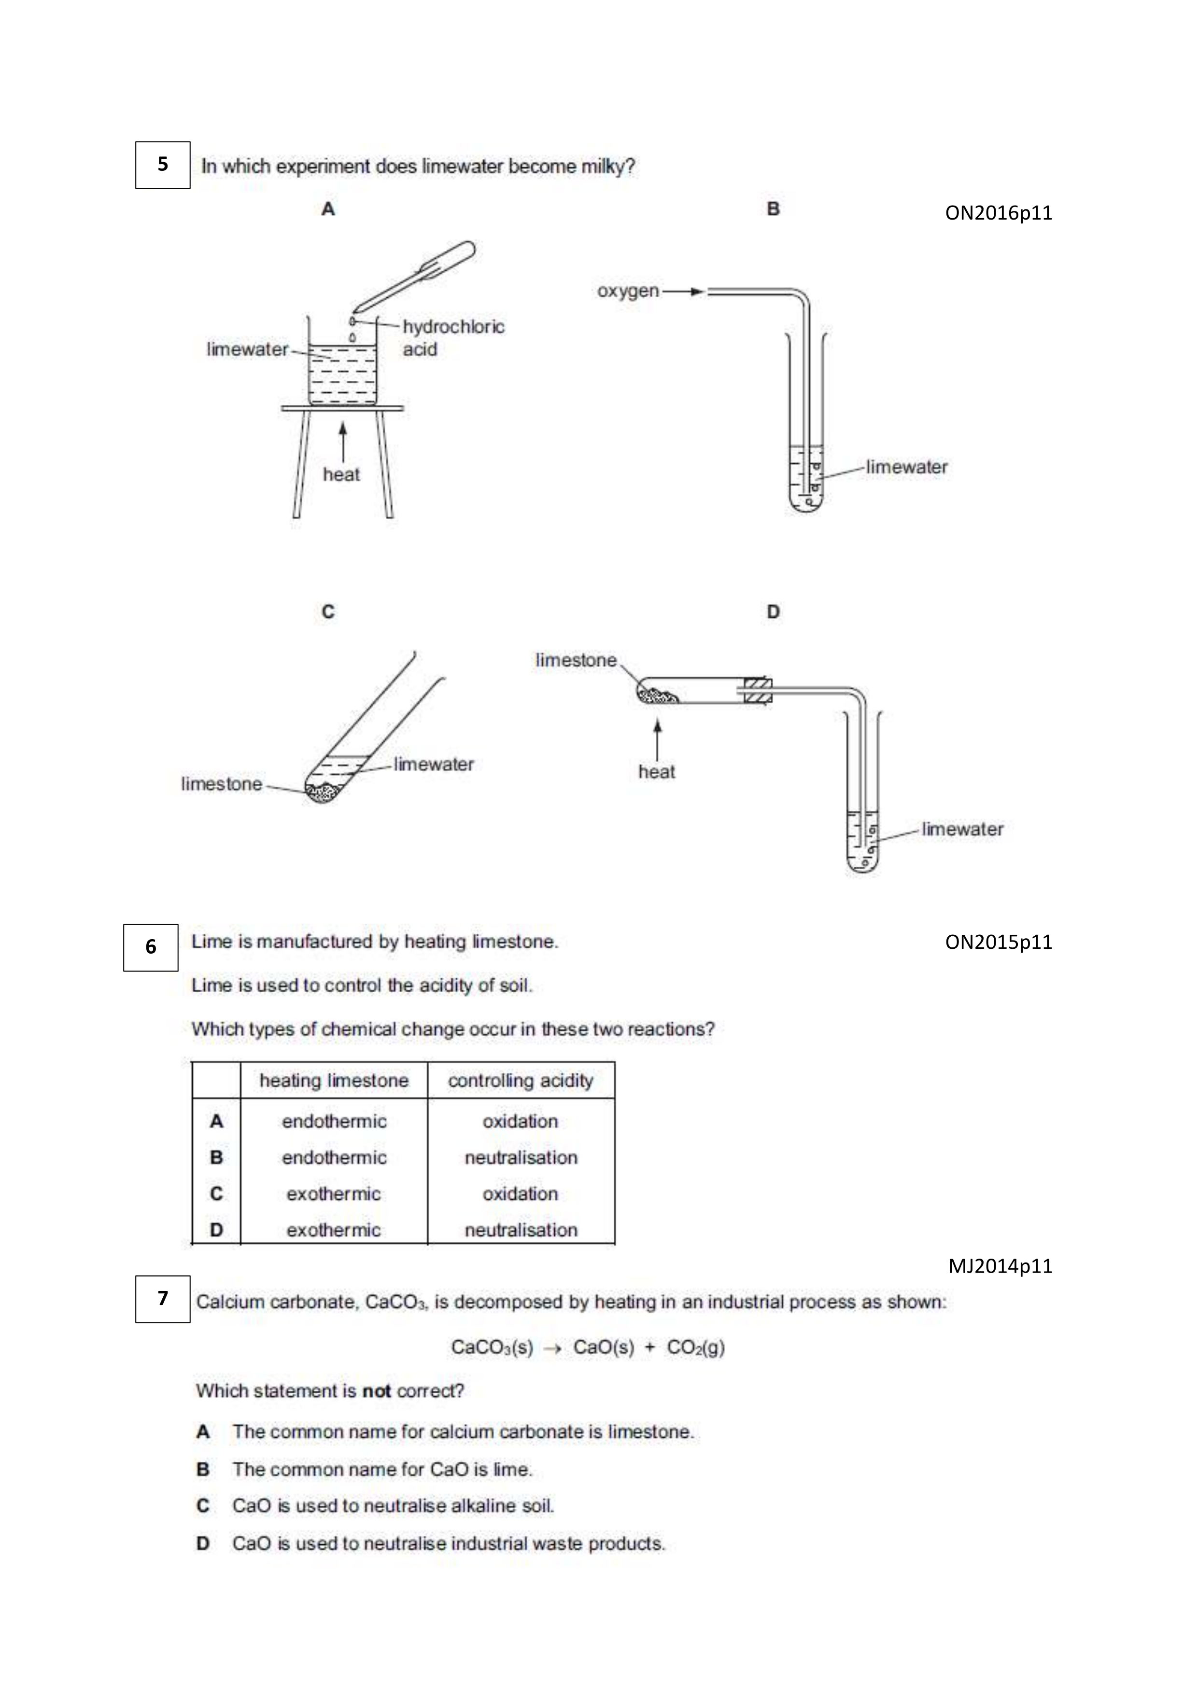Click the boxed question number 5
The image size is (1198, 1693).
162,165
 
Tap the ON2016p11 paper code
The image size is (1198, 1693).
998,213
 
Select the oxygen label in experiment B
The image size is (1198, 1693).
628,291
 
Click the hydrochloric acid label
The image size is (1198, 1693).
453,338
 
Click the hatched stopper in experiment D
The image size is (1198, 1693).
757,690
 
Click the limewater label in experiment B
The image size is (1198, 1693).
906,467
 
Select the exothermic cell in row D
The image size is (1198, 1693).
334,1230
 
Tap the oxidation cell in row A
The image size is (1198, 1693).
520,1122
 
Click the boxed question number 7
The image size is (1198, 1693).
162,1299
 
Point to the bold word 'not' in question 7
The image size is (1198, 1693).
376,1391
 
